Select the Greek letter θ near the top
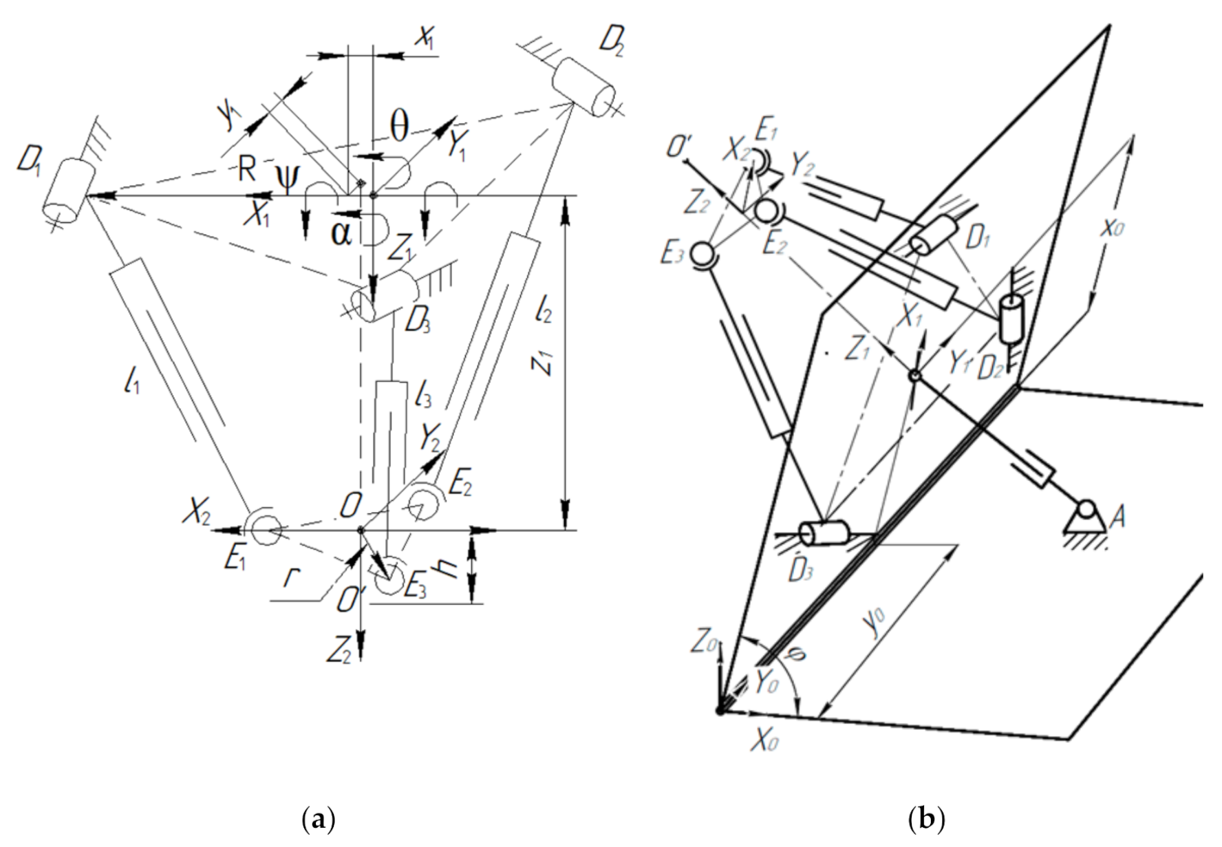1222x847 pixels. tap(399, 126)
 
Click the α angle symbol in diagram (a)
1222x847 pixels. tap(341, 233)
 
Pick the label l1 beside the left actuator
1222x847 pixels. tap(131, 379)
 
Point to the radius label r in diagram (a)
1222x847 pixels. tap(292, 577)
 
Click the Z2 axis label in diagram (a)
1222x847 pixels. tap(339, 650)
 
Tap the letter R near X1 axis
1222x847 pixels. tap(247, 168)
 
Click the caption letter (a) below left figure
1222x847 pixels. tap(319, 819)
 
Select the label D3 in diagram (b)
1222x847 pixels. tap(800, 570)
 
